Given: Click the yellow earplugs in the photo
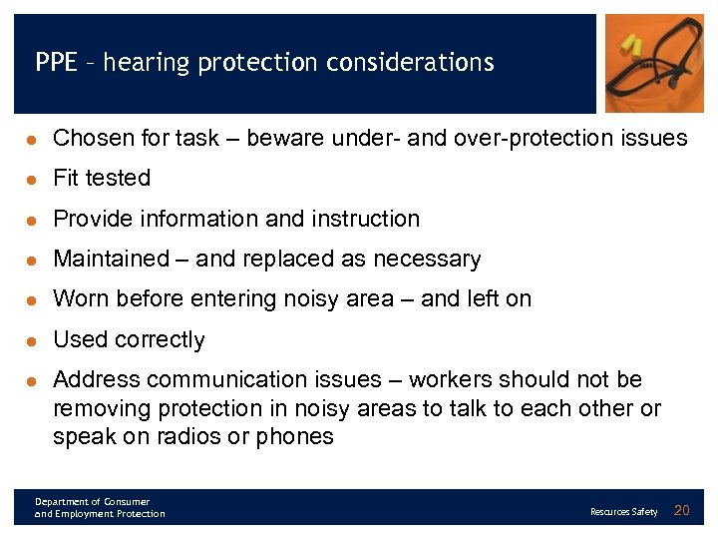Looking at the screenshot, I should pos(633,44).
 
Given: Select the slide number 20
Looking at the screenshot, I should pos(682,511).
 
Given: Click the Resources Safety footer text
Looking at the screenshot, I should pos(623,512).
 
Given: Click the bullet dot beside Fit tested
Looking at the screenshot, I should pos(32,179).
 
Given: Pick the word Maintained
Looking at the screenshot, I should pos(111,260).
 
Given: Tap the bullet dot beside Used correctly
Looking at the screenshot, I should pos(32,340).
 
